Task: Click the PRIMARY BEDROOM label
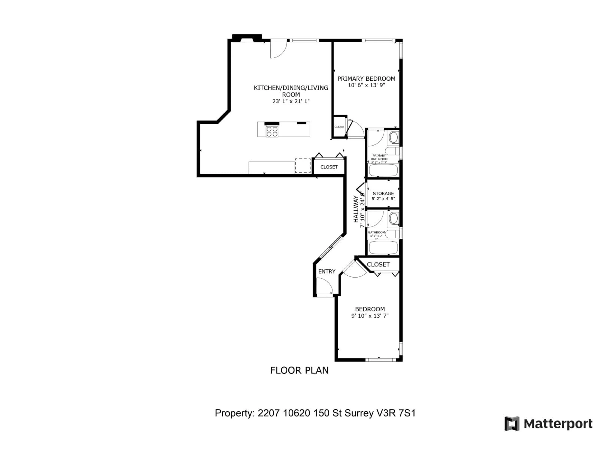point(366,79)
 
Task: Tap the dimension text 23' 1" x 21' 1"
point(291,101)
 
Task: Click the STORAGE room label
point(383,193)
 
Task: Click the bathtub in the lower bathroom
point(383,247)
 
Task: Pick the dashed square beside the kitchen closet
point(303,166)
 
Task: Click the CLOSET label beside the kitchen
point(329,167)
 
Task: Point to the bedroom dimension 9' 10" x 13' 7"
point(370,316)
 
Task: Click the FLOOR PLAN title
point(299,370)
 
